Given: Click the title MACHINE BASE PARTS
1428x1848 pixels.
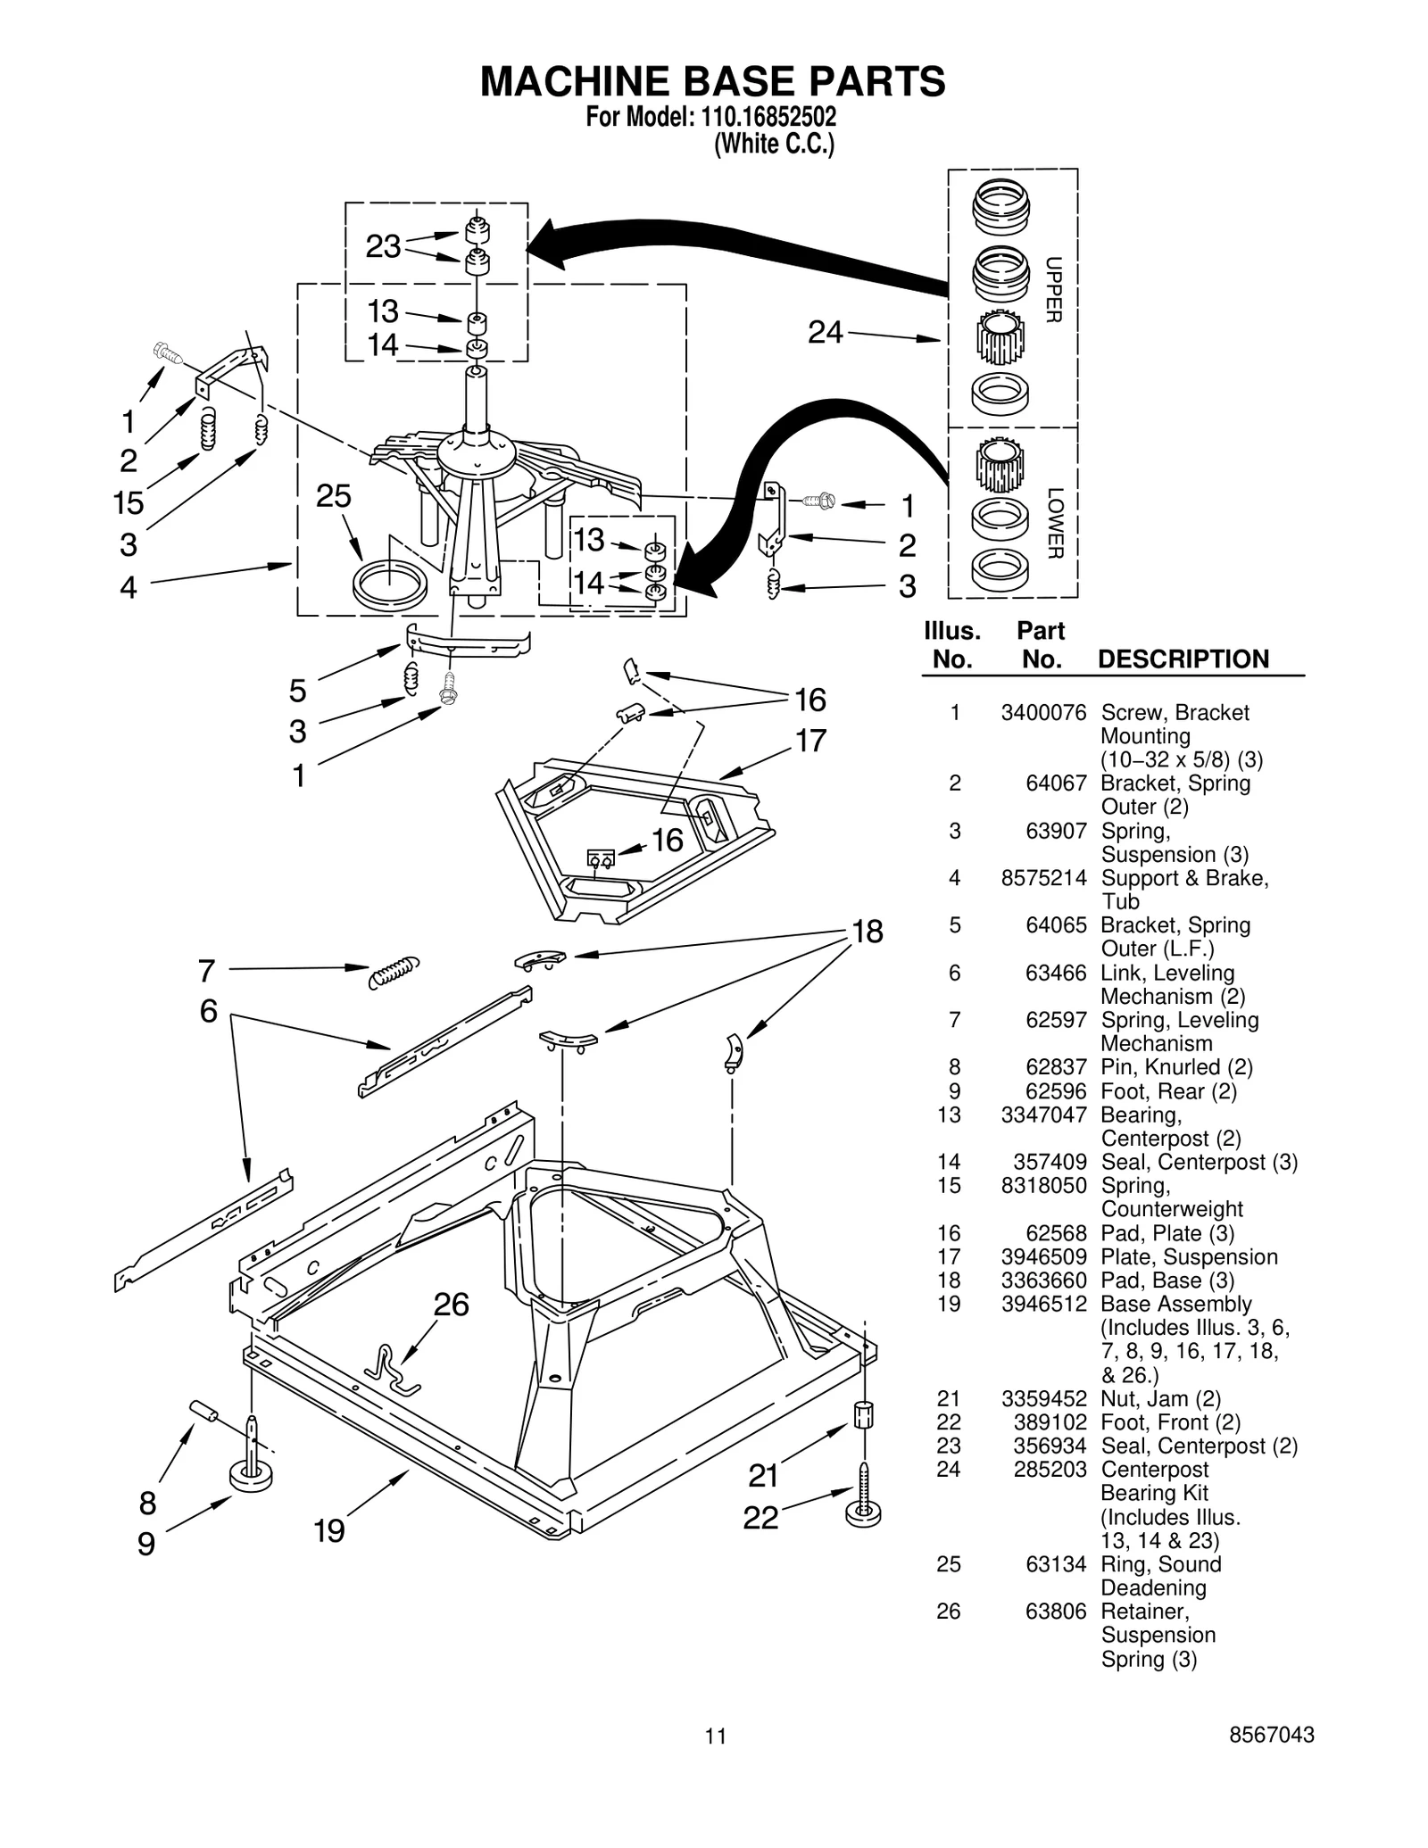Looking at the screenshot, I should [x=712, y=82].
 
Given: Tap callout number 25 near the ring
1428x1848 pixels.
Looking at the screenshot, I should [x=334, y=497].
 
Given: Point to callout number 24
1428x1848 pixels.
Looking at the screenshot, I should [x=825, y=333].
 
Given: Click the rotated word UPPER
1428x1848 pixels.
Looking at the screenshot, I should [x=1053, y=290].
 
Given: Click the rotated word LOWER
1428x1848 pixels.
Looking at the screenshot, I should [x=1054, y=523].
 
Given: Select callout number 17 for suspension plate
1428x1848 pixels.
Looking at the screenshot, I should [x=810, y=742].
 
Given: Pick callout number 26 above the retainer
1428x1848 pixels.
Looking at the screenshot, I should [x=451, y=1305].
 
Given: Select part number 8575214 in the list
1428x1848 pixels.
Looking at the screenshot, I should [x=1043, y=878].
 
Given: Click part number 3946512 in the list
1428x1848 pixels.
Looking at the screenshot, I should [x=1043, y=1305].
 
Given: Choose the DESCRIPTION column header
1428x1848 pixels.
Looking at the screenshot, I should [x=1183, y=659].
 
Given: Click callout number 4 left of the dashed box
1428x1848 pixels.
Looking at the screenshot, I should [x=129, y=588].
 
